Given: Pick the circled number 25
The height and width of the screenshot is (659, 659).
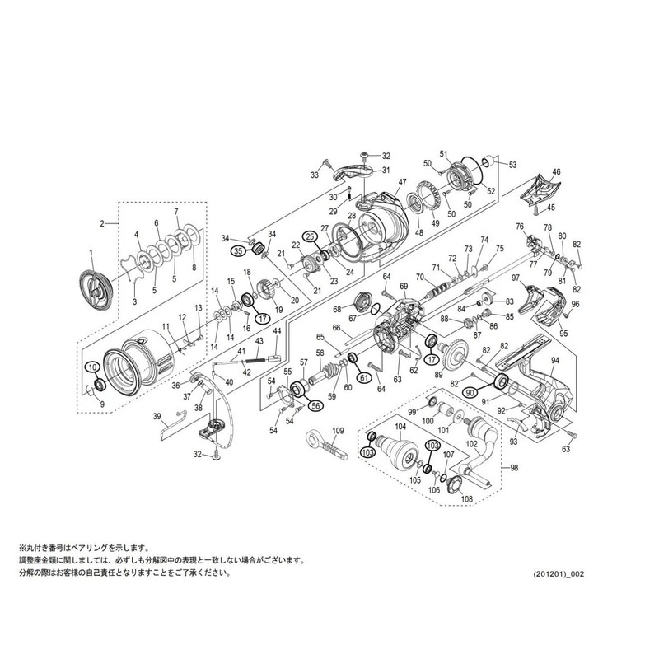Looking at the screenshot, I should click(311, 236).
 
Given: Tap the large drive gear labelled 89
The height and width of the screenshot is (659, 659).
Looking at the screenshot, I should click(456, 356).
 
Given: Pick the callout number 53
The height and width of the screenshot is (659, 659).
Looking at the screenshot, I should click(512, 165).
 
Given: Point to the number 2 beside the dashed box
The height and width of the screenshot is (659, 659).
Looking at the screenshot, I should click(103, 222).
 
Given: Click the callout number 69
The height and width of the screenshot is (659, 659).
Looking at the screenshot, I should click(404, 286).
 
